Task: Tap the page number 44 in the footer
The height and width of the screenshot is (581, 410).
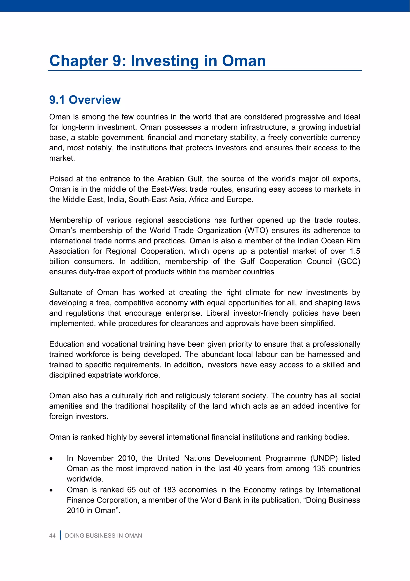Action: point(52,536)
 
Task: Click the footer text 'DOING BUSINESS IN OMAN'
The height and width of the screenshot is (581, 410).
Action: point(104,536)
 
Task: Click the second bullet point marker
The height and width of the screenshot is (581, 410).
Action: point(51,490)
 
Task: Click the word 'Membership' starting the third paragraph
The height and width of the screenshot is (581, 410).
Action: point(70,220)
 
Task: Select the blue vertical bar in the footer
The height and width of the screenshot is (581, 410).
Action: point(60,535)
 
